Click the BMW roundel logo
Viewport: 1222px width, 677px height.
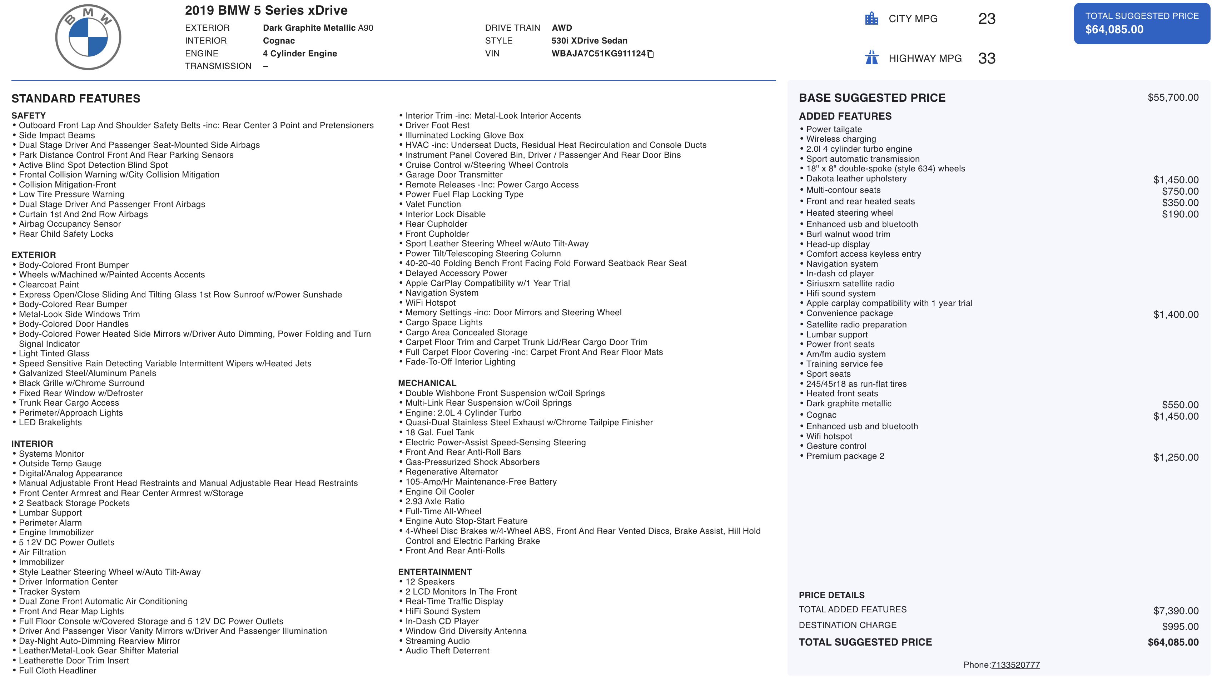(88, 37)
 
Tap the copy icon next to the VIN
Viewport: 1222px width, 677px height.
(650, 54)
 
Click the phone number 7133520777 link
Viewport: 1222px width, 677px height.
(1015, 665)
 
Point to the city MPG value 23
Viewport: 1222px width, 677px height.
(987, 19)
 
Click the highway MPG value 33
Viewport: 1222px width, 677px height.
(987, 58)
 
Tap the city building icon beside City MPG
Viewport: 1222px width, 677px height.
(871, 19)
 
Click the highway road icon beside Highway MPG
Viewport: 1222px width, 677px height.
(871, 58)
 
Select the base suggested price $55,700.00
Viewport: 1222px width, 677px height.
(1173, 98)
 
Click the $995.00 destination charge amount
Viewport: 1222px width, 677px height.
(1180, 626)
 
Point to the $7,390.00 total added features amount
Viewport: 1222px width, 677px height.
(1176, 611)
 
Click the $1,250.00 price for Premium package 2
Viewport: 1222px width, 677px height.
(1176, 457)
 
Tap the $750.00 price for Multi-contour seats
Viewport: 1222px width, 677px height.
(1180, 191)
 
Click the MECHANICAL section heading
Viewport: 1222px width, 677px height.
(427, 383)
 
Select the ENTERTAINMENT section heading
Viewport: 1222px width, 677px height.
(434, 572)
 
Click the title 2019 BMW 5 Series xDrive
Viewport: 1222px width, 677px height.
(266, 10)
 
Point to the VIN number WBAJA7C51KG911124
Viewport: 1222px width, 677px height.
(598, 54)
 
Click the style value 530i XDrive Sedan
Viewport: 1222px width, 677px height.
(589, 41)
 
